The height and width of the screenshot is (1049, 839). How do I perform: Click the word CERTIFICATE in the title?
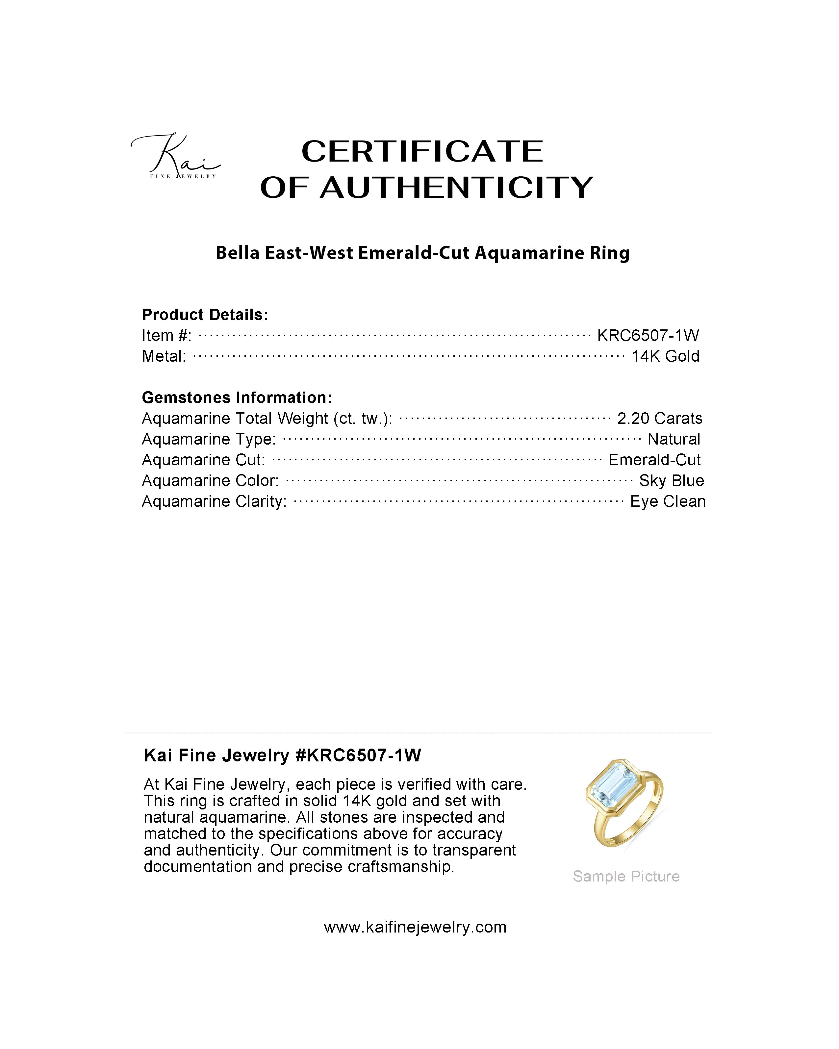coord(422,151)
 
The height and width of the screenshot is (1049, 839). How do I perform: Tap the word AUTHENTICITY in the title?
coord(456,188)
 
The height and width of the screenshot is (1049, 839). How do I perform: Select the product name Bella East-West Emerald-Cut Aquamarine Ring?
coord(422,253)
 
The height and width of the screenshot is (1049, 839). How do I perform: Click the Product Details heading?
coord(205,315)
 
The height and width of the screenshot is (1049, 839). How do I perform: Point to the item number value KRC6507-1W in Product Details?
coord(648,335)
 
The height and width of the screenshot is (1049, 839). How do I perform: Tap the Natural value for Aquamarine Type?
coord(674,439)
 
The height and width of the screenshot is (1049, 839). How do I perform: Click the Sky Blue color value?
coord(671,481)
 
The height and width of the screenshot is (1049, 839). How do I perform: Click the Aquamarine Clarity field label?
coord(214,502)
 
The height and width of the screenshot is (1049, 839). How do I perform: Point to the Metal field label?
coord(164,357)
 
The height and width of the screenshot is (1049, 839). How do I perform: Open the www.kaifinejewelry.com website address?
coord(415,927)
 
